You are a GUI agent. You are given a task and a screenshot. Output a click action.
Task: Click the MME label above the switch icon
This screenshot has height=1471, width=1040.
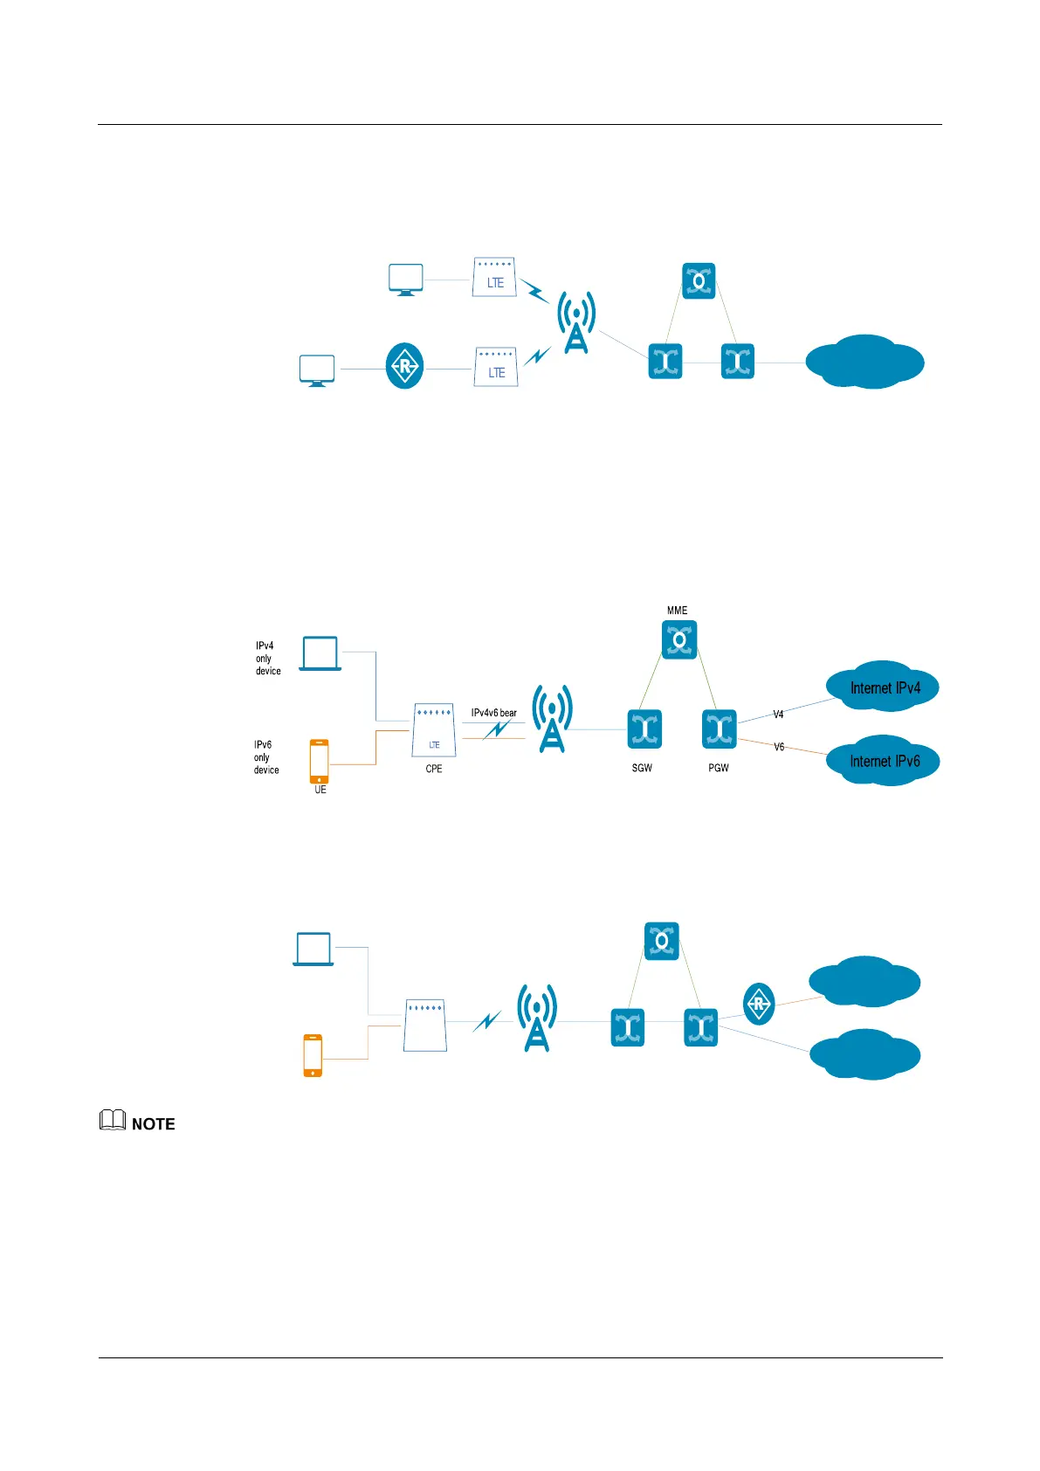pyautogui.click(x=677, y=611)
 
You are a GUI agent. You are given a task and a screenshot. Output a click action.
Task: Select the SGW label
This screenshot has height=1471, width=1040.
pyautogui.click(x=642, y=768)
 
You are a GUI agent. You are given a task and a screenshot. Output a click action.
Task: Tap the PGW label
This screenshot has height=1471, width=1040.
pyautogui.click(x=718, y=768)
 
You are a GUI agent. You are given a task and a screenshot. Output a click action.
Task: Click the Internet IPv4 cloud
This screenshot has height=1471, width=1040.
pyautogui.click(x=884, y=687)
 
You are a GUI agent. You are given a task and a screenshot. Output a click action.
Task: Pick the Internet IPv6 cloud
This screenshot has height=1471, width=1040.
pyautogui.click(x=884, y=761)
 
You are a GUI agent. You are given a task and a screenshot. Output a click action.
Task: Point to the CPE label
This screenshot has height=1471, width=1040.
pyautogui.click(x=434, y=769)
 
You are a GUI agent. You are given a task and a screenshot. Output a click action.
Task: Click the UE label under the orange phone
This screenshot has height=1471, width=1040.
pyautogui.click(x=320, y=790)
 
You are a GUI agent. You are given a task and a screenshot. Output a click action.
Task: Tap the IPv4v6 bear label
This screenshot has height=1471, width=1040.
pyautogui.click(x=493, y=713)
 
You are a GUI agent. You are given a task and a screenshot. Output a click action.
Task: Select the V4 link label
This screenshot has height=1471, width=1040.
pyautogui.click(x=778, y=715)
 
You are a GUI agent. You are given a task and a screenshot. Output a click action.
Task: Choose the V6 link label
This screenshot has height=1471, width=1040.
pyautogui.click(x=779, y=747)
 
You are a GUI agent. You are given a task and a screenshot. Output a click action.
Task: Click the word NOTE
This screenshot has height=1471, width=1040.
pyautogui.click(x=154, y=1124)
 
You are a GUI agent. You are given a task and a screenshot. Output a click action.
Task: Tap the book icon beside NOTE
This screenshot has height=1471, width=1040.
pyautogui.click(x=113, y=1120)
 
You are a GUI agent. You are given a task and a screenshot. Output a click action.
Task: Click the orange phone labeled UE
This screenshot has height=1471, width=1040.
pyautogui.click(x=320, y=761)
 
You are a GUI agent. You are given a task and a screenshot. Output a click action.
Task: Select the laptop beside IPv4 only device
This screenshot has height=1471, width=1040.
pyautogui.click(x=320, y=653)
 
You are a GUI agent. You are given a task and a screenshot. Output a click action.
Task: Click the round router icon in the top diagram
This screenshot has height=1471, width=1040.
pyautogui.click(x=404, y=366)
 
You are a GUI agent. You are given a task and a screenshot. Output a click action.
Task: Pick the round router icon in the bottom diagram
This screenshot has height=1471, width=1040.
pyautogui.click(x=758, y=1003)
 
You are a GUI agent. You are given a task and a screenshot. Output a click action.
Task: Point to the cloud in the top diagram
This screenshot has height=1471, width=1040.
pyautogui.click(x=864, y=362)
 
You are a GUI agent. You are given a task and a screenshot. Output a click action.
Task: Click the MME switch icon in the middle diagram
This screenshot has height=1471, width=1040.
pyautogui.click(x=679, y=639)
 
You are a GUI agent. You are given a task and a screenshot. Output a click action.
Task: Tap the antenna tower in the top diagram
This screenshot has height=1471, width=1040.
pyautogui.click(x=576, y=322)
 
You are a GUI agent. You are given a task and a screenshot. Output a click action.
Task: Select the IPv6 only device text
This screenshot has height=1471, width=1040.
pyautogui.click(x=266, y=757)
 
